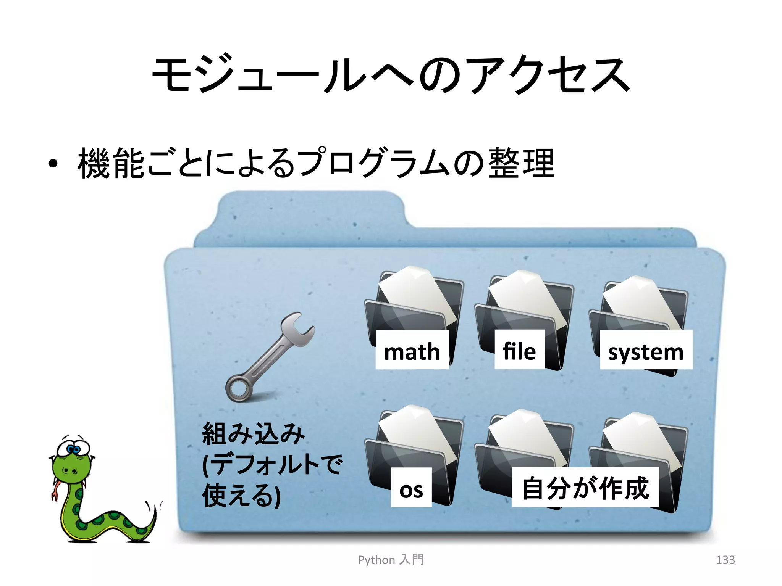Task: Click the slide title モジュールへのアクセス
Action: click(x=391, y=74)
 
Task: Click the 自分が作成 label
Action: click(x=585, y=488)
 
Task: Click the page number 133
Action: click(x=725, y=560)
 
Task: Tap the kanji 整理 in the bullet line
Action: click(x=521, y=163)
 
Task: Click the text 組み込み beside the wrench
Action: click(x=253, y=434)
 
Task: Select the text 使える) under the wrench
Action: click(x=241, y=495)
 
